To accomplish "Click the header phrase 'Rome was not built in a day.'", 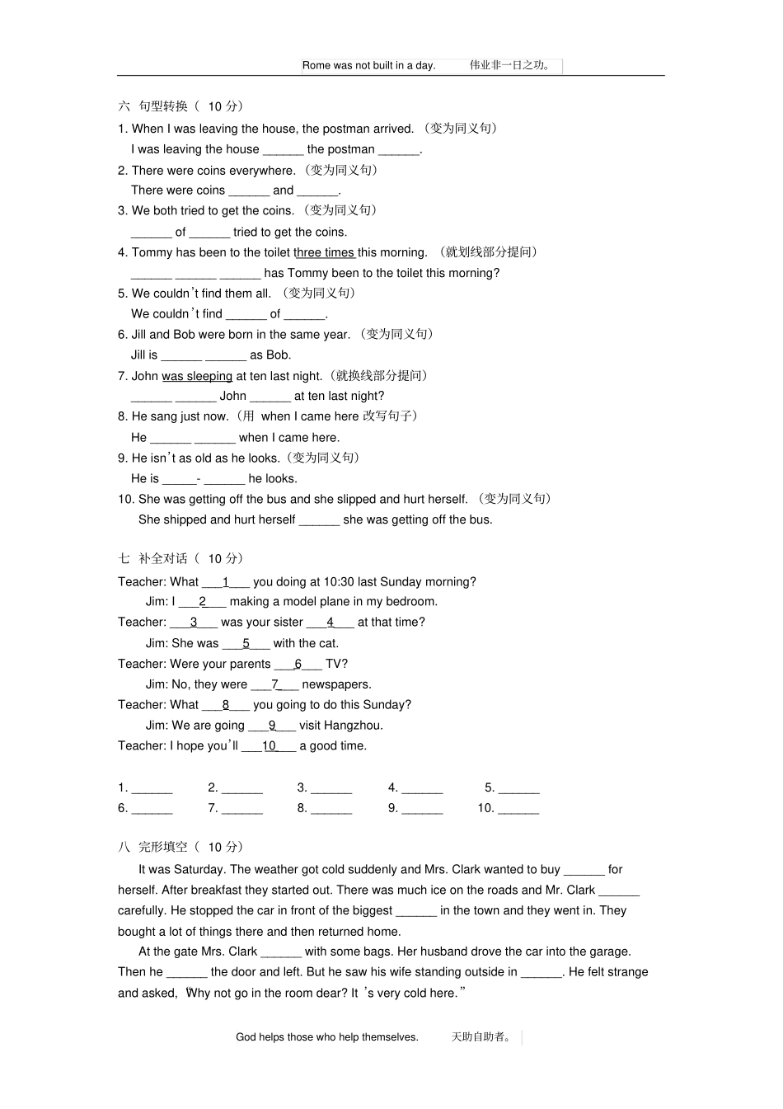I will click(368, 65).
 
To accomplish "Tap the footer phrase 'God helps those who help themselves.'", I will click(326, 1037).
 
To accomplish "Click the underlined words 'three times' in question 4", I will click(326, 252).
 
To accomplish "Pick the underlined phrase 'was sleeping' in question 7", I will click(197, 376).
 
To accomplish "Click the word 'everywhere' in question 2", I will click(265, 171).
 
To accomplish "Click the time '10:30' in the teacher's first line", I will click(340, 582).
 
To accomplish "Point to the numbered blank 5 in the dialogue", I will click(246, 644).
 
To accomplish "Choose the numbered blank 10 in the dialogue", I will click(270, 746).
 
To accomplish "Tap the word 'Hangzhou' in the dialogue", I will click(353, 726).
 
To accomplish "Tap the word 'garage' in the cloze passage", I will click(611, 952).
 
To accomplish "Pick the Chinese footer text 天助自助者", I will click(481, 1037).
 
